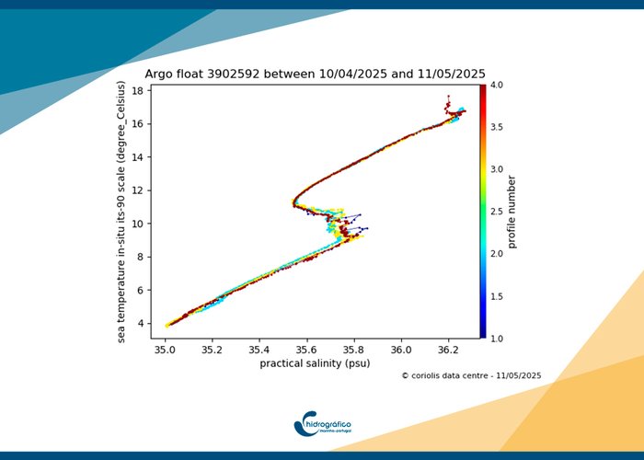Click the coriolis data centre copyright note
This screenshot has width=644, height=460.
tap(471, 375)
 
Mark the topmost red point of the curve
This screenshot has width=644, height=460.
tap(448, 96)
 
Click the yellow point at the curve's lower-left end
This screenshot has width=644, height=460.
tap(167, 326)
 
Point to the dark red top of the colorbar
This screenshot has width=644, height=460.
tap(483, 87)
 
